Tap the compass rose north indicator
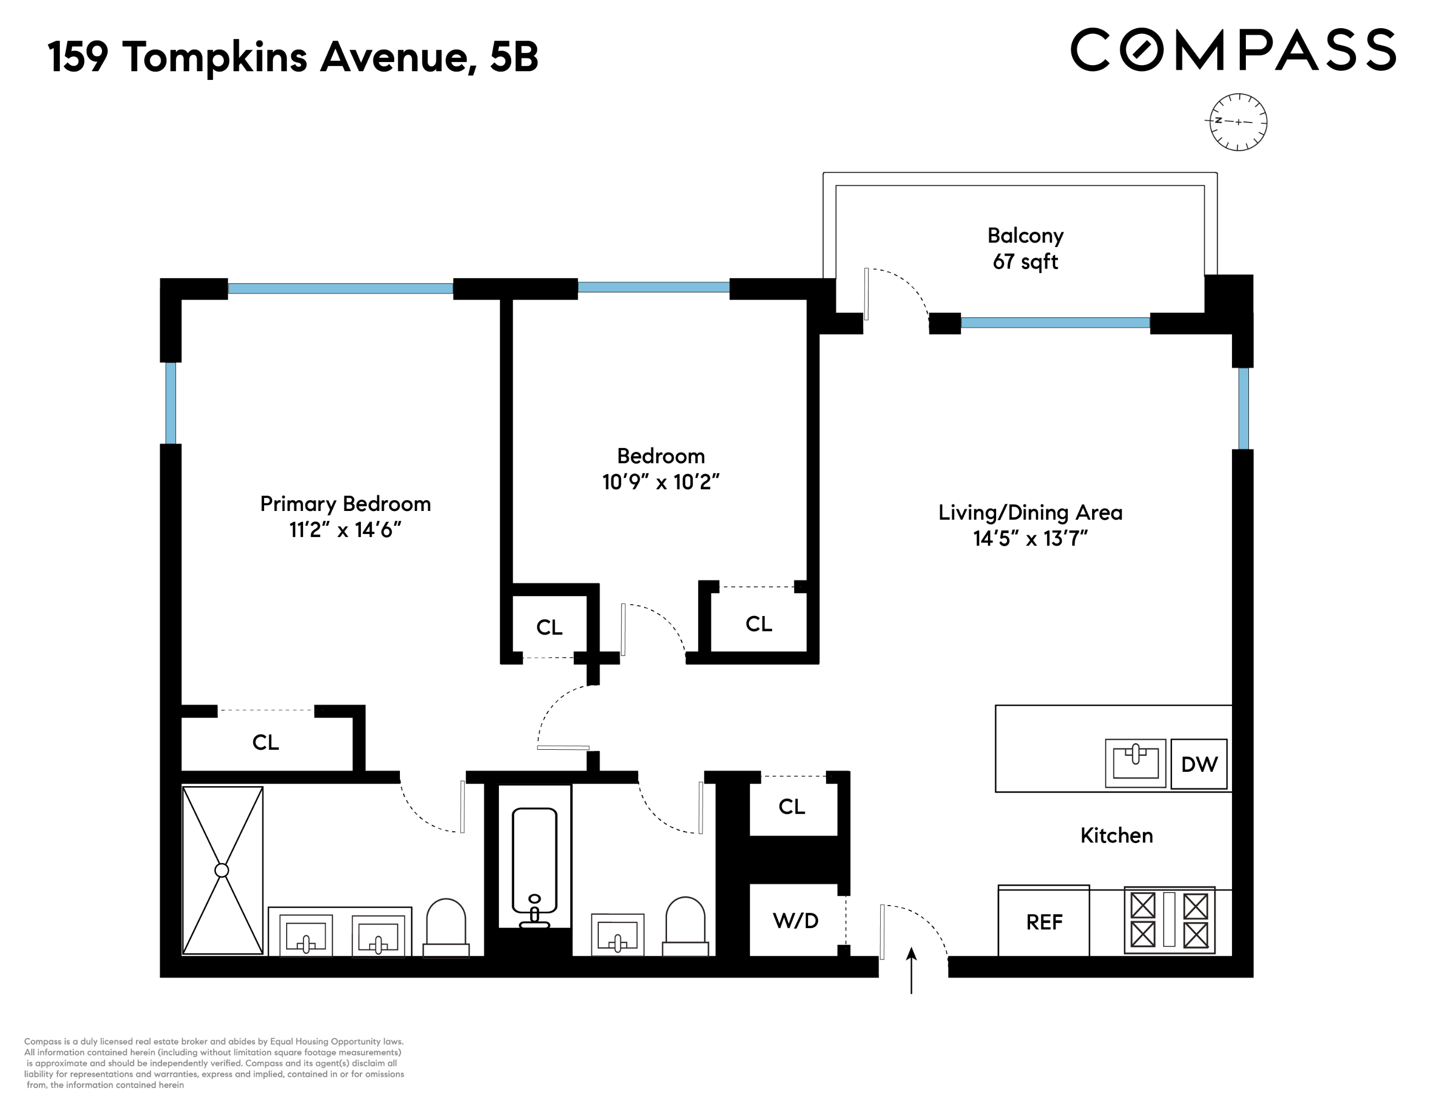coord(1238,122)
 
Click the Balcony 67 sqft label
coord(1025,249)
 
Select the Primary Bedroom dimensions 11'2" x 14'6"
coord(345,530)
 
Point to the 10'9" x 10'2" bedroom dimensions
coord(661,482)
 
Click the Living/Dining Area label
coord(1030,512)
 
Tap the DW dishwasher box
coord(1199,764)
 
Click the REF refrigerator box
coord(1043,922)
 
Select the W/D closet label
coord(795,921)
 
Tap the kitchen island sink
coord(1135,763)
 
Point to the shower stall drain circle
coord(222,870)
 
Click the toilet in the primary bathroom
coord(446,927)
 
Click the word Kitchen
coord(1116,835)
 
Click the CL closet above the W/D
coord(792,807)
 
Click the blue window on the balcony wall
coord(1055,323)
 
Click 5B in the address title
coord(514,57)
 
